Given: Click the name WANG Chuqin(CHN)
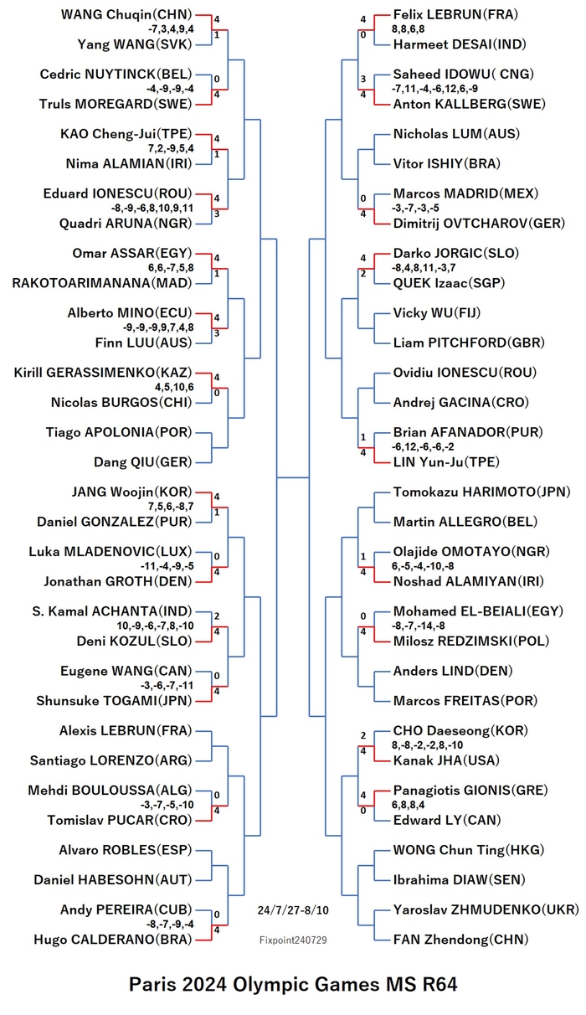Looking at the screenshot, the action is click(x=126, y=14).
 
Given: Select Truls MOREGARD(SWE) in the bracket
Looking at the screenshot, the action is click(x=116, y=104).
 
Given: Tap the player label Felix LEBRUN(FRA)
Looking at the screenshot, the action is click(x=455, y=14).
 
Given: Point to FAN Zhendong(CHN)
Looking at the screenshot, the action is click(x=460, y=940).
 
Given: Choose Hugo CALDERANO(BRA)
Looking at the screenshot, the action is click(x=113, y=940).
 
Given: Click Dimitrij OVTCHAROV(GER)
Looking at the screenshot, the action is click(x=479, y=224).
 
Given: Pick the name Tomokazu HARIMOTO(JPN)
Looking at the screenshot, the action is click(x=482, y=492).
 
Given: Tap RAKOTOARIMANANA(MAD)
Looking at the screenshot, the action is click(x=102, y=283).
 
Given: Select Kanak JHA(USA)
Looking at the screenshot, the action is click(x=446, y=760).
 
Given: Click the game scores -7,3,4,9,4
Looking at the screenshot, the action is click(x=171, y=29).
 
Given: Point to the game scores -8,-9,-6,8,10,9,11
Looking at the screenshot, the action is click(x=152, y=209).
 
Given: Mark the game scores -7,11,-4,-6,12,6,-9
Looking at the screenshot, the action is click(x=434, y=89).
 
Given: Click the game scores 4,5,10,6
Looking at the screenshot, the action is click(x=174, y=388).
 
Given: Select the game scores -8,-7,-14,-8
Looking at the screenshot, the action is click(x=418, y=626).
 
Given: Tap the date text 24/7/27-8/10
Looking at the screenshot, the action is click(x=293, y=910).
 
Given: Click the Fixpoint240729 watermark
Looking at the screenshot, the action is click(x=293, y=940).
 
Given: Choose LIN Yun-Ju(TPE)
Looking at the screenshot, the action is click(x=446, y=462).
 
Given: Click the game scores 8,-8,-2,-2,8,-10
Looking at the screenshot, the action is click(x=428, y=745).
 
